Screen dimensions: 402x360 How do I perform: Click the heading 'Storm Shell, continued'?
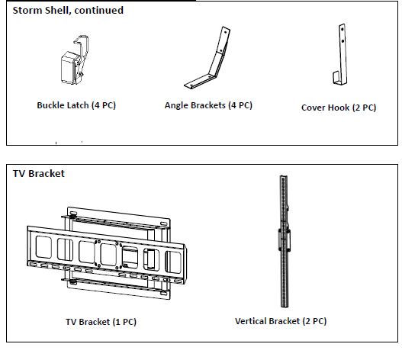click(x=68, y=11)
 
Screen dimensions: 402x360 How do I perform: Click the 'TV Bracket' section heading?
click(x=39, y=174)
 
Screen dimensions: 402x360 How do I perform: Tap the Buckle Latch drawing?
click(x=75, y=60)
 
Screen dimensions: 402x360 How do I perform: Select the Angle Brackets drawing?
click(x=207, y=58)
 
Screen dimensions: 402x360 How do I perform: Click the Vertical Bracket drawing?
click(x=284, y=241)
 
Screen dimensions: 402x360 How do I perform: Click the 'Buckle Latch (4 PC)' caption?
click(x=76, y=105)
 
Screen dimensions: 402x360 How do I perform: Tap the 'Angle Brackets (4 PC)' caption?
click(x=208, y=105)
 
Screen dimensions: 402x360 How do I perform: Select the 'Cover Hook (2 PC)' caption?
click(x=339, y=108)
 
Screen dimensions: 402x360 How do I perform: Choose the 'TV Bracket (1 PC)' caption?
click(x=101, y=322)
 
